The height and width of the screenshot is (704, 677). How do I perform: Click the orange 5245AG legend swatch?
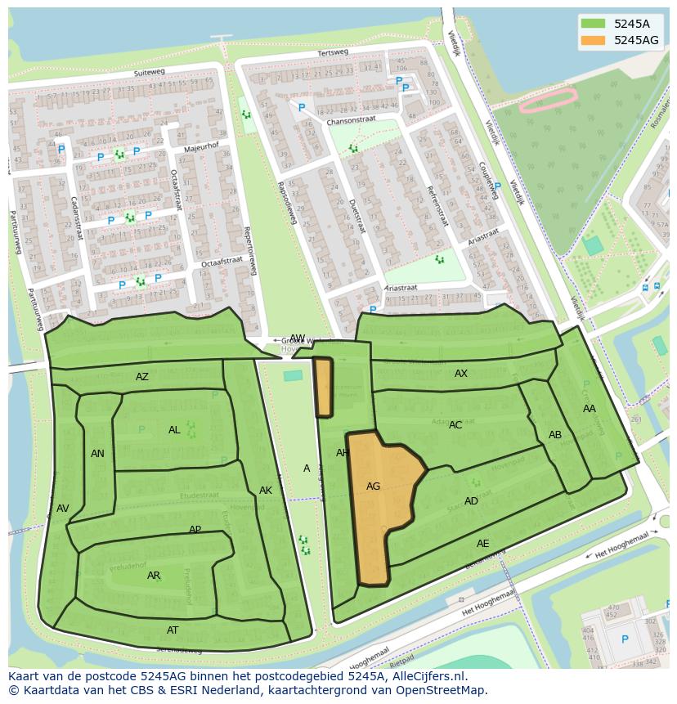point(593,40)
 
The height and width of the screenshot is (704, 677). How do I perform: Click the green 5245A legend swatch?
point(593,23)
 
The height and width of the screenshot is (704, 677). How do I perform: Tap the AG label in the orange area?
point(373,487)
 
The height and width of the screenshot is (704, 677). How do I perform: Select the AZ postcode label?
point(142,377)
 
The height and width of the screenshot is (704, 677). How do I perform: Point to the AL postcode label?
point(174,430)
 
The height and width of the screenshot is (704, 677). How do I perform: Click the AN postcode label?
point(97,454)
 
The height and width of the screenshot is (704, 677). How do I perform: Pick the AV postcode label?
point(63,509)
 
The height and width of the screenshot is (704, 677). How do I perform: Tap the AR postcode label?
point(154,576)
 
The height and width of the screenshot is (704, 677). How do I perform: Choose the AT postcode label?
point(173,630)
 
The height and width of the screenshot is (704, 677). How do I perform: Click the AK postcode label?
point(266,491)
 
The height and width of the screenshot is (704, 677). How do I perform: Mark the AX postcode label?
point(461,374)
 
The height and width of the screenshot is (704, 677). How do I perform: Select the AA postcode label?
point(590,409)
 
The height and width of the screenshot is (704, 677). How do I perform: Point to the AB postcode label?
point(555,435)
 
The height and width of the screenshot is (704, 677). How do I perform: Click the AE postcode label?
point(483,544)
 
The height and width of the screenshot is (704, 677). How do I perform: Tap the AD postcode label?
point(471,501)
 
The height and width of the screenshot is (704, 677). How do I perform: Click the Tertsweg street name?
point(333,52)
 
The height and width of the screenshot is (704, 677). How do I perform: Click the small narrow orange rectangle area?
point(323,387)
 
